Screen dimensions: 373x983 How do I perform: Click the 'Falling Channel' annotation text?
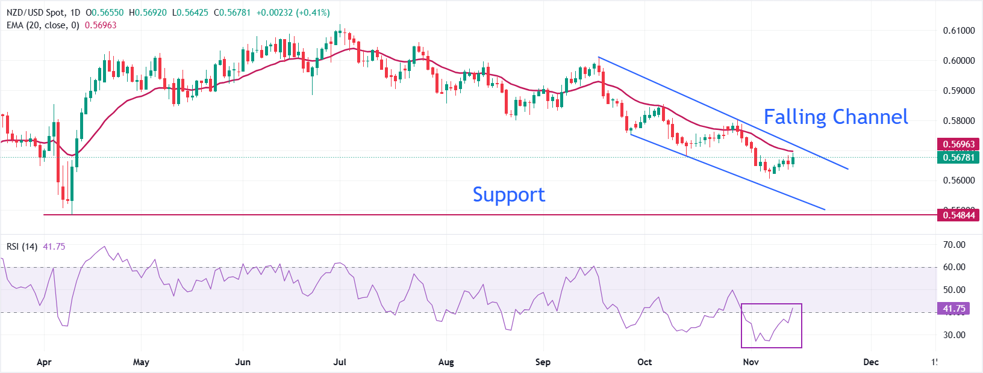point(835,117)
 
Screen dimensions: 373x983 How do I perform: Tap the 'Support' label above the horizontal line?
point(508,194)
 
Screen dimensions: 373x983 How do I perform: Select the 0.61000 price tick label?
point(959,31)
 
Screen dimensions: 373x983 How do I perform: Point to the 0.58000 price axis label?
point(959,120)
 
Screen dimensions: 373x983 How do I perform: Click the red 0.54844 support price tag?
point(958,215)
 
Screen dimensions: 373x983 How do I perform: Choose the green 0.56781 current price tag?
point(958,157)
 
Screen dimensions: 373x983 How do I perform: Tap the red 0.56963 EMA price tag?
point(958,144)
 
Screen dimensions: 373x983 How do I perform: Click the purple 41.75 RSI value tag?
point(953,309)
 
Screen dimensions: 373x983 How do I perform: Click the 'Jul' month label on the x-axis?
point(340,362)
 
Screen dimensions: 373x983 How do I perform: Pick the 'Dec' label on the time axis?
point(871,362)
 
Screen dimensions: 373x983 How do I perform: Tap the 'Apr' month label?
point(44,362)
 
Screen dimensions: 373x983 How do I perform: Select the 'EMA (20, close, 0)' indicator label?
point(43,25)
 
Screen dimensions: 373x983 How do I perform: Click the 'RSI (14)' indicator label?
point(22,247)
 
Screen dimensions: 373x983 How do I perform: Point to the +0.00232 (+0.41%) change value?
point(293,13)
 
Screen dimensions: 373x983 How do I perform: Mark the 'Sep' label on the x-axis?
point(543,362)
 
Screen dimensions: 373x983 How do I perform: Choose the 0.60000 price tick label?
point(959,61)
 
